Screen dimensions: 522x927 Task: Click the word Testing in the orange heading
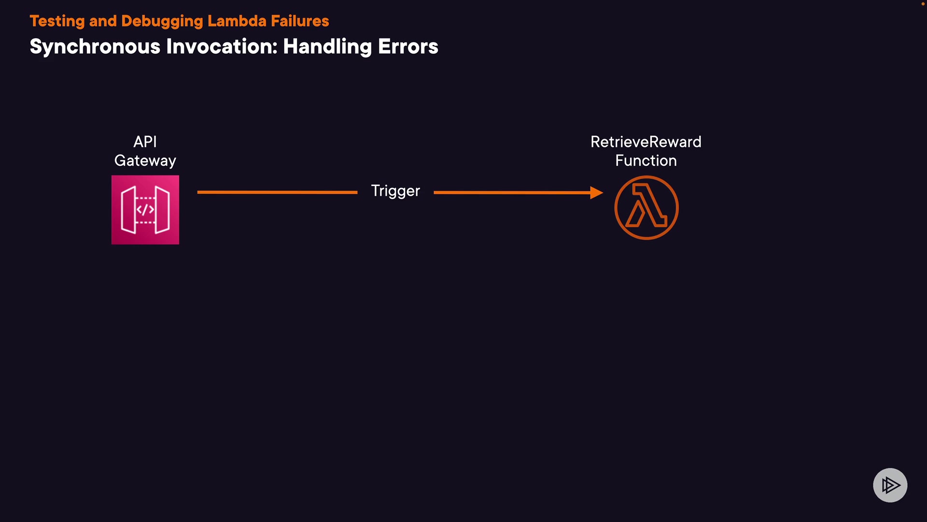point(57,21)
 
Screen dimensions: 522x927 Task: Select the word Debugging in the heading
point(162,21)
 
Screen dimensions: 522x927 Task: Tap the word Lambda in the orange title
point(237,21)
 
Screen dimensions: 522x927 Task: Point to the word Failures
point(300,21)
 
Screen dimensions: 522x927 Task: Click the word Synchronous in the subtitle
point(95,47)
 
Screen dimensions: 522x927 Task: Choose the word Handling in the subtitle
point(327,47)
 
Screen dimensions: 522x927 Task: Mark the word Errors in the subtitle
point(408,47)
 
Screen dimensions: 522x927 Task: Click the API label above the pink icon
point(145,142)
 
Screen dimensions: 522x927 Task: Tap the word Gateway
point(145,161)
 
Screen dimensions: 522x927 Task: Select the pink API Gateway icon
point(145,210)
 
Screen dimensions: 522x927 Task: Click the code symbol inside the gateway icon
point(145,210)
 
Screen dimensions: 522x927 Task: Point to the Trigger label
point(395,191)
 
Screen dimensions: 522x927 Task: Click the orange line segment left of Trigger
point(277,192)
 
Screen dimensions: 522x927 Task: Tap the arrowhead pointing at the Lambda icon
point(597,192)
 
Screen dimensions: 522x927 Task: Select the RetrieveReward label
point(646,142)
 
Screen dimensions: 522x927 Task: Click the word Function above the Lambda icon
point(646,161)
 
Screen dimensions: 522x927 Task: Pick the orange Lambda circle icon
point(646,207)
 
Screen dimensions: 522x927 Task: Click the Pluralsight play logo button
point(890,485)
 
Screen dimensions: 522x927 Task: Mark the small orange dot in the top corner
point(923,4)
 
